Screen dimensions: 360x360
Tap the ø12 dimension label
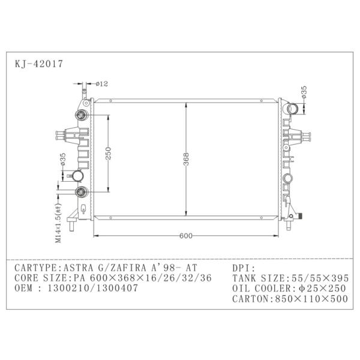pyautogui.click(x=102, y=83)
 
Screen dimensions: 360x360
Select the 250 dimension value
pyautogui.click(x=109, y=154)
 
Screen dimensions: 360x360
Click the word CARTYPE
pyautogui.click(x=35, y=268)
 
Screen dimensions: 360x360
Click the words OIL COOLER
pyautogui.click(x=253, y=288)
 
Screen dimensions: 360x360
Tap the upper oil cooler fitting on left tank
pyautogui.click(x=81, y=115)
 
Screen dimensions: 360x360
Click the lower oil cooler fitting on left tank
pyautogui.click(x=81, y=192)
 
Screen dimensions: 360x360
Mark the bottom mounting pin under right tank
pyautogui.click(x=292, y=226)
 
